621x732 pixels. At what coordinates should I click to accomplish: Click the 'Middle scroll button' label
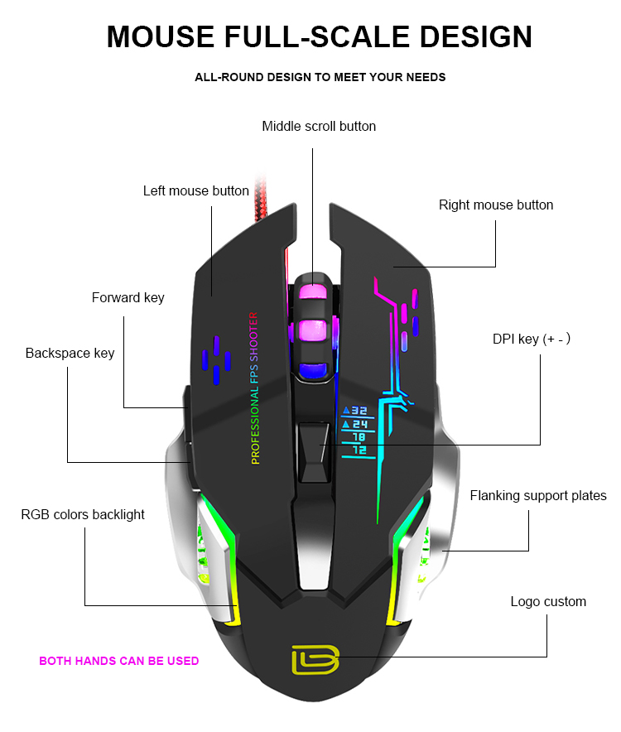pyautogui.click(x=319, y=126)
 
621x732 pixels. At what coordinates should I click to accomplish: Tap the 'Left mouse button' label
pyautogui.click(x=196, y=191)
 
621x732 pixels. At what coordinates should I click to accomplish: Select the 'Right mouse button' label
pyautogui.click(x=496, y=205)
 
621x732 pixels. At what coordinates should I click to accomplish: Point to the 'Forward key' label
pyautogui.click(x=128, y=298)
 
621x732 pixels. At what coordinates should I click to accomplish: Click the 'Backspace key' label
pyautogui.click(x=70, y=354)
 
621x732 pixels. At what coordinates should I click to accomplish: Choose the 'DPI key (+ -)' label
pyautogui.click(x=532, y=339)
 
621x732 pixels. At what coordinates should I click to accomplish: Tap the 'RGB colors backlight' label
pyautogui.click(x=83, y=514)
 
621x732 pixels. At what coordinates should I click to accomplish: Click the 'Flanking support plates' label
pyautogui.click(x=538, y=496)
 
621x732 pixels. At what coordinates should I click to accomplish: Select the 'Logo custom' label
pyautogui.click(x=548, y=602)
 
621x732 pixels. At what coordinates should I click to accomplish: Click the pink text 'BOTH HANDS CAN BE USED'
pyautogui.click(x=119, y=661)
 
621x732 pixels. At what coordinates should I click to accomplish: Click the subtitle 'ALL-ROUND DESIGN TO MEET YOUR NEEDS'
pyautogui.click(x=320, y=78)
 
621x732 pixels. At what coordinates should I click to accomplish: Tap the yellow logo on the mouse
pyautogui.click(x=315, y=660)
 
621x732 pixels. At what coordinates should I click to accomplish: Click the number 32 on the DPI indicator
pyautogui.click(x=359, y=411)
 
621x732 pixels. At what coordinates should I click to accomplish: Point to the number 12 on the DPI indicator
pyautogui.click(x=359, y=450)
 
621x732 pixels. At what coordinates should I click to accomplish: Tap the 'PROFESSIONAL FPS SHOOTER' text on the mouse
pyautogui.click(x=254, y=388)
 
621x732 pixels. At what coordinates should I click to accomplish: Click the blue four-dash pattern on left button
pyautogui.click(x=216, y=360)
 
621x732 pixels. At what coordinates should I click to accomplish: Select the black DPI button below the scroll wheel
pyautogui.click(x=315, y=452)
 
